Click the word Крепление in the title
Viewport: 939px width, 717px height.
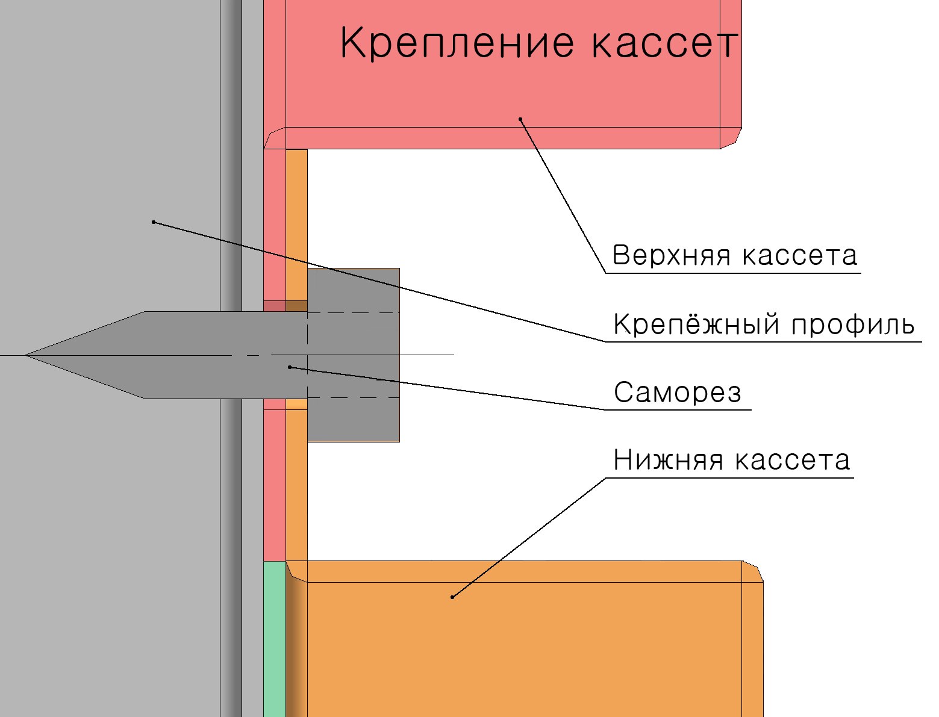(457, 43)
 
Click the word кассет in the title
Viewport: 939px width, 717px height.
(665, 43)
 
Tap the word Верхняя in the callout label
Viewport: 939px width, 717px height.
(671, 255)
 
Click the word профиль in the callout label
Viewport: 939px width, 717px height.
(853, 324)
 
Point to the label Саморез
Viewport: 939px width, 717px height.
(677, 392)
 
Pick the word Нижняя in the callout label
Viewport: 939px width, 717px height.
(668, 460)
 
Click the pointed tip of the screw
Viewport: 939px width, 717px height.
(26, 355)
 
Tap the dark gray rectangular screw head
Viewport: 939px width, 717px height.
(354, 355)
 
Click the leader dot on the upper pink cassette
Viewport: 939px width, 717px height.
(520, 119)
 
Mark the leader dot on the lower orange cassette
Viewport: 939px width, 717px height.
(452, 597)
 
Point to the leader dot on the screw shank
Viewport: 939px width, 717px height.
(290, 367)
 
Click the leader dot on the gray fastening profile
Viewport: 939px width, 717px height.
(153, 222)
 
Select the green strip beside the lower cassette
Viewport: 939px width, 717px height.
(274, 639)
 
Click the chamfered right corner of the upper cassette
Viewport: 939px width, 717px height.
(731, 138)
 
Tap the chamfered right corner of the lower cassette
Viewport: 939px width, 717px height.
(752, 571)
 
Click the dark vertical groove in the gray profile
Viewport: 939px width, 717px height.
(231, 358)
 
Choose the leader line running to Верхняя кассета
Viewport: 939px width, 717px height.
(563, 196)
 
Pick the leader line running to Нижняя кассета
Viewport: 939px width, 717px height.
(529, 538)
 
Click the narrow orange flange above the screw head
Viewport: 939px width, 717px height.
(296, 209)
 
